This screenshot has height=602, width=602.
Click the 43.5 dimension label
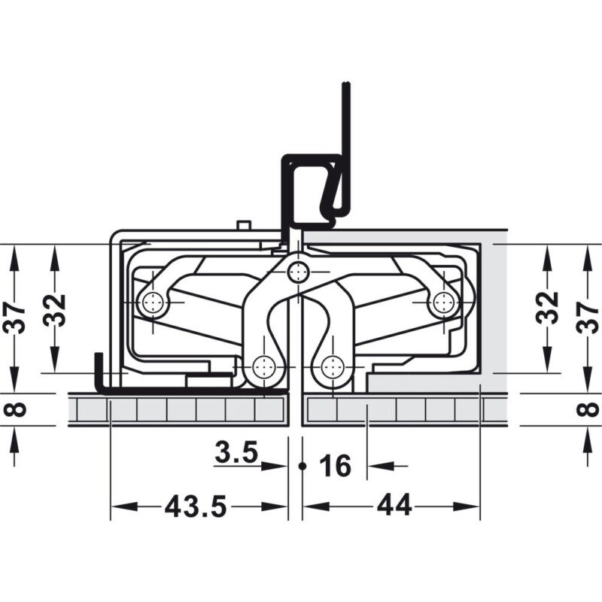pos(196,506)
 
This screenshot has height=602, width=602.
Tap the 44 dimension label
pos(394,506)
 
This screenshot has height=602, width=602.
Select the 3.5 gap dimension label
pos(236,452)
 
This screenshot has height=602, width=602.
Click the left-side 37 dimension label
pos(14,318)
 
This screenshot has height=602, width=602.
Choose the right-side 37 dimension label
pos(588,318)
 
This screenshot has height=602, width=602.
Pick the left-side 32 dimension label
pos(54,310)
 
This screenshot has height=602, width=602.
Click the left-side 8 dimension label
pos(14,409)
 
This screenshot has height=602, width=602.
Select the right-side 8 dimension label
pos(588,409)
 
